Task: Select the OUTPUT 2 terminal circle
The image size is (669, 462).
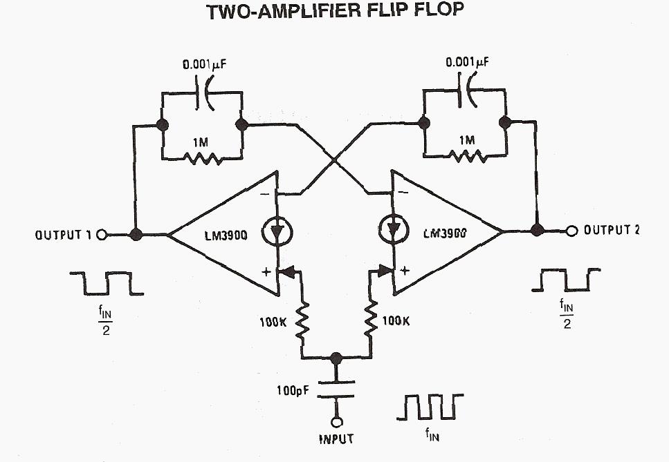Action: point(571,230)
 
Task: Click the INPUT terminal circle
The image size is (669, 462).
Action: point(336,422)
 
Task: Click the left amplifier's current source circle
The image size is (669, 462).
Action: point(276,231)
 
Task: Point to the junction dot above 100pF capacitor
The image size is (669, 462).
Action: point(336,358)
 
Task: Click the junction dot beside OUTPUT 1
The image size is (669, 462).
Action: point(136,235)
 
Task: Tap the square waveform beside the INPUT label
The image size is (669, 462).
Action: point(429,407)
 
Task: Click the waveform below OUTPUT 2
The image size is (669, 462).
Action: point(567,280)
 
